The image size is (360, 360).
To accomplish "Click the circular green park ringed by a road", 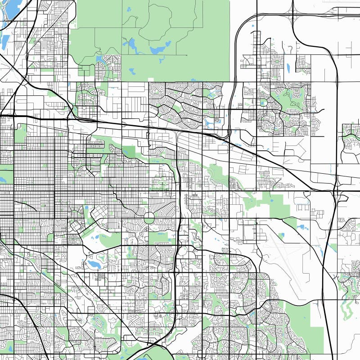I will click(149, 218).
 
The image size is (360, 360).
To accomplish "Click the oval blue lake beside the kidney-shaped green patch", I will click(94, 263).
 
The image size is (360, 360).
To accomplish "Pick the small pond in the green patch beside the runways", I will click(282, 235).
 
